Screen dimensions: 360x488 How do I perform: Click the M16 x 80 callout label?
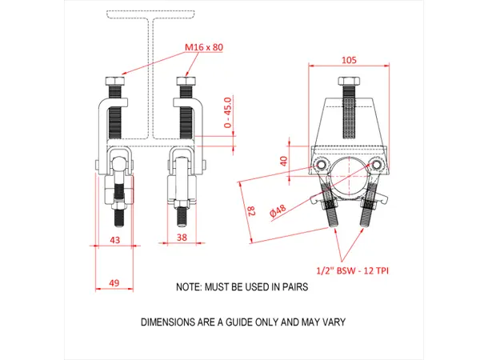pos(204,47)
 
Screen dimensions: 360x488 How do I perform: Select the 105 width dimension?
pos(349,59)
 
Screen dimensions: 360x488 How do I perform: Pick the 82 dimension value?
pos(249,212)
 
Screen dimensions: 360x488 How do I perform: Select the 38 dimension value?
pos(183,238)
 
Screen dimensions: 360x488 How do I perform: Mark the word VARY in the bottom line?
pos(332,322)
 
